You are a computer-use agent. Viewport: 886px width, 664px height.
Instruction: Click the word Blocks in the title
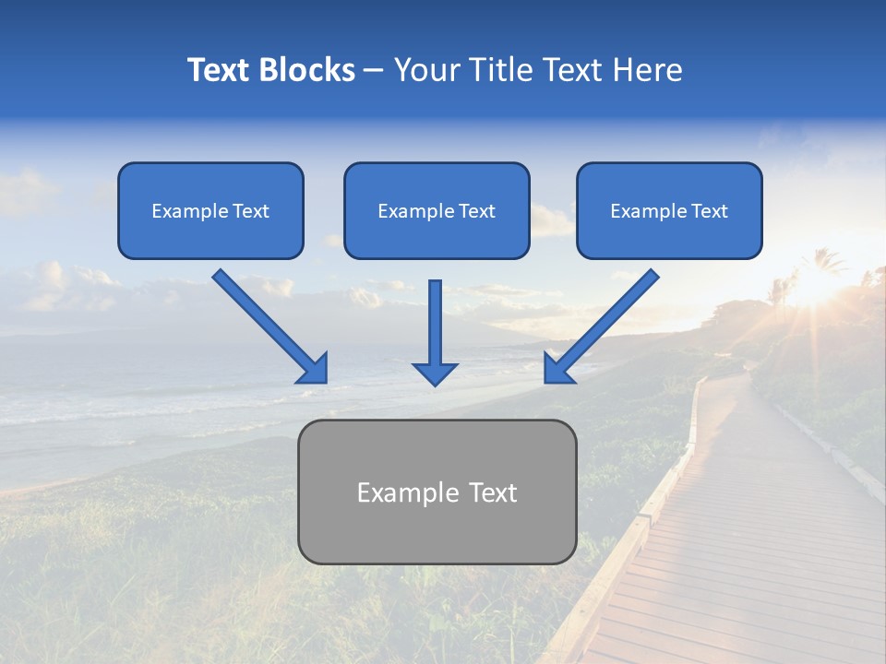[x=307, y=70]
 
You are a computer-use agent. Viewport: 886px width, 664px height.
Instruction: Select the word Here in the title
[x=651, y=70]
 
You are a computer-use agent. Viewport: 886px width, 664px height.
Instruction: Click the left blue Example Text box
[x=210, y=210]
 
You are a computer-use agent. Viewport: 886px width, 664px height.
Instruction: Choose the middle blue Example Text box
[x=437, y=210]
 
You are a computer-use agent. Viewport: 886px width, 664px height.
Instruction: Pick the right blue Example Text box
[x=669, y=210]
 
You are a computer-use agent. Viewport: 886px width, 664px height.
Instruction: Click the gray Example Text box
[x=437, y=492]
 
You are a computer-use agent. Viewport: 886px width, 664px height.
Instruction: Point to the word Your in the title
[x=424, y=70]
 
